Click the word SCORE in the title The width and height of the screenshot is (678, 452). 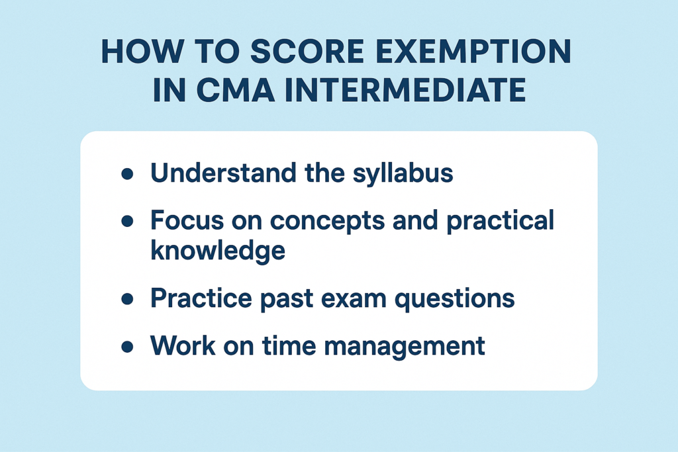point(307,52)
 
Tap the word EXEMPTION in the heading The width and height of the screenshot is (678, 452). point(473,52)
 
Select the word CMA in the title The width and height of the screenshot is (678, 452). point(235,89)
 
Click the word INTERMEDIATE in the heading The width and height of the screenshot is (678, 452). point(405,89)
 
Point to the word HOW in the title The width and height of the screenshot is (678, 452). point(142,52)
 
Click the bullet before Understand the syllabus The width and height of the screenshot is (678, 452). point(127,174)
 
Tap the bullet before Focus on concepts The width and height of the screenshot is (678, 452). point(127,221)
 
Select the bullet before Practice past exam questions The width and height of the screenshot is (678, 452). point(127,299)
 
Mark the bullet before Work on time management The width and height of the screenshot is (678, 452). point(127,347)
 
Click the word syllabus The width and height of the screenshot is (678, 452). point(403,173)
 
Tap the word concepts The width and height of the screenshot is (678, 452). point(327,221)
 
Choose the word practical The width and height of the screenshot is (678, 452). point(500,220)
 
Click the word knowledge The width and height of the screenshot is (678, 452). point(218,251)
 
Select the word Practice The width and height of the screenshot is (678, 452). point(201,298)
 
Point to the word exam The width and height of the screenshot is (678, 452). point(350,300)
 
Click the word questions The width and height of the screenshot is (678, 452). point(454,299)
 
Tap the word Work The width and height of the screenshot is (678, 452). point(183,345)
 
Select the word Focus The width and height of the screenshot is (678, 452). point(187,220)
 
